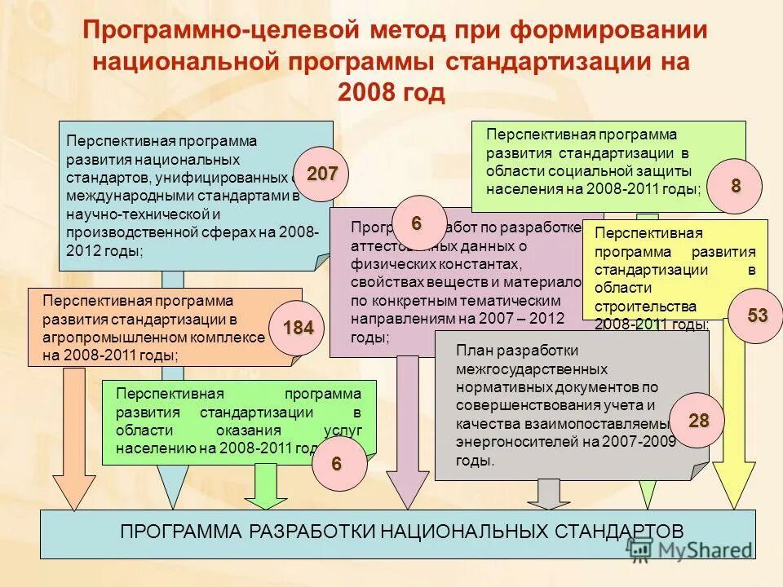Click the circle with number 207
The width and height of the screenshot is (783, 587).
(321, 174)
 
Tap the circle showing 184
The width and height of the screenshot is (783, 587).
(297, 328)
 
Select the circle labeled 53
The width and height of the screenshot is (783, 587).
(758, 316)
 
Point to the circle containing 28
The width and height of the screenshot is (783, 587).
(699, 421)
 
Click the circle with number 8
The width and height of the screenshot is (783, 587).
(736, 186)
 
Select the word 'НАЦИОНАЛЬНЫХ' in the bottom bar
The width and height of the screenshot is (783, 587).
(460, 532)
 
